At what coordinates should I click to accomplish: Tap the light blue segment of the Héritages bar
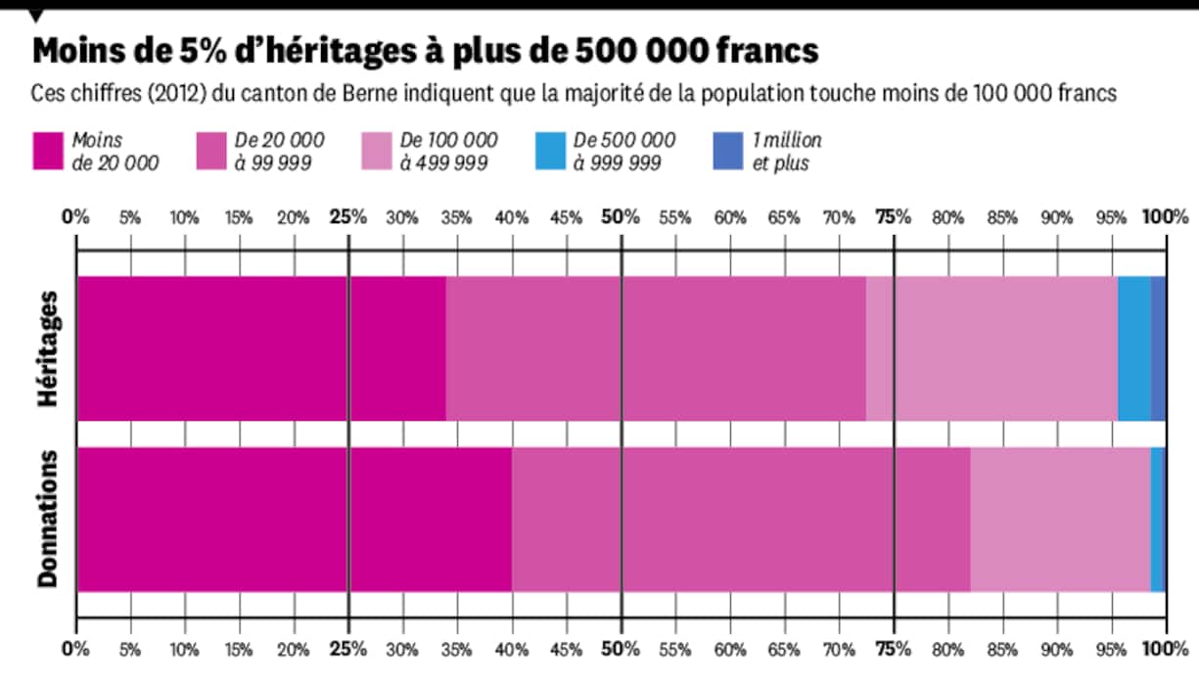tap(1133, 348)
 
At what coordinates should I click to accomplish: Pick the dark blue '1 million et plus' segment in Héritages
tap(1158, 348)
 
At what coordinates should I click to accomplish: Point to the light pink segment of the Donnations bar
tap(1060, 520)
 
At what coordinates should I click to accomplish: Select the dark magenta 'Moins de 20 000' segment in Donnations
tap(294, 520)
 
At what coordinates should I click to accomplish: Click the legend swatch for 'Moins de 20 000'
tap(47, 152)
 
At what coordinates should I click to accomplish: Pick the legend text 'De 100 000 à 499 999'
tap(448, 152)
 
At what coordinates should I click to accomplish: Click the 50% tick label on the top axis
tap(621, 216)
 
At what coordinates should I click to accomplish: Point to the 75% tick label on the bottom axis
tap(893, 648)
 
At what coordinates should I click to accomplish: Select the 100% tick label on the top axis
tap(1166, 216)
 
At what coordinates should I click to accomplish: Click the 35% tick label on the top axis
tap(457, 216)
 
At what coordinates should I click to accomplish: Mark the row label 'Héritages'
tap(48, 348)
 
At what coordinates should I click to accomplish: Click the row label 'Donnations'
tap(48, 520)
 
